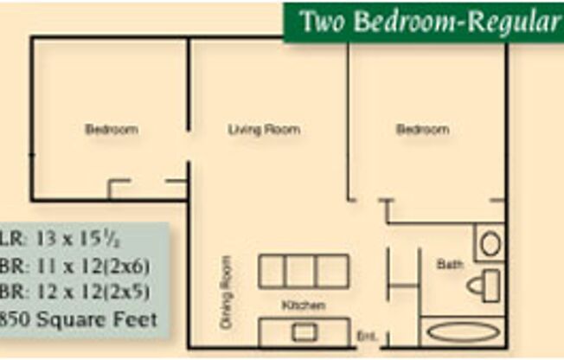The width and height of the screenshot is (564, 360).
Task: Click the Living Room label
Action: pyautogui.click(x=264, y=130)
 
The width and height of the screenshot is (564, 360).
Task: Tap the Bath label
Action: pyautogui.click(x=450, y=265)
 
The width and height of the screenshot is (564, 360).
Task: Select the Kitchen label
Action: pyautogui.click(x=304, y=305)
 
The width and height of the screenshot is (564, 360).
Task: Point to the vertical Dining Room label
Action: pyautogui.click(x=227, y=292)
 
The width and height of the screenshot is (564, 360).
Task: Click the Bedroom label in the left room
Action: pyautogui.click(x=112, y=130)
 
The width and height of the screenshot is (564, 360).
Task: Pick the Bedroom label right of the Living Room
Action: pyautogui.click(x=422, y=130)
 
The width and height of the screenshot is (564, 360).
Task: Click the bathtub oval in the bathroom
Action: pyautogui.click(x=463, y=332)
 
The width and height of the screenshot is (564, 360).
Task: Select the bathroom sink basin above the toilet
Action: pyautogui.click(x=490, y=243)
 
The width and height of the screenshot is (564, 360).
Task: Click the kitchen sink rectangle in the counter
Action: pyautogui.click(x=304, y=332)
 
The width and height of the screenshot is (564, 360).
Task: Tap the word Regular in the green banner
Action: pyautogui.click(x=511, y=22)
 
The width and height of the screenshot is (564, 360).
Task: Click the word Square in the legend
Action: pyautogui.click(x=72, y=320)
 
